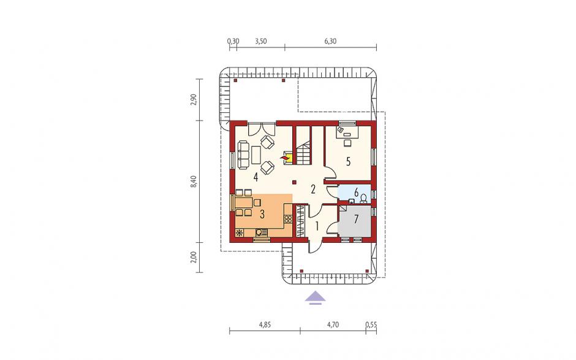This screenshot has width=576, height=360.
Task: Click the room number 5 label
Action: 348,161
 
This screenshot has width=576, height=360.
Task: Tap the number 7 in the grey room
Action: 355,219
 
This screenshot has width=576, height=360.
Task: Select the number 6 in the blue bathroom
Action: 356,192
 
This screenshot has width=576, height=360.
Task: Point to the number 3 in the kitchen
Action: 262,214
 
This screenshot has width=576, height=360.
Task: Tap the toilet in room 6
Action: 363,199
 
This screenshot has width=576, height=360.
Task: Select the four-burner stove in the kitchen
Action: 289,219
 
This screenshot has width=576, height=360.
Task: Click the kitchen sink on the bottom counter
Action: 260,232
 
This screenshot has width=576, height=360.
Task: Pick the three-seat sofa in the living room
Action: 243,154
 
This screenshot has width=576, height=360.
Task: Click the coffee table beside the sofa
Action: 256,154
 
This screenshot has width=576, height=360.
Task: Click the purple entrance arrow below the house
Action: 315,298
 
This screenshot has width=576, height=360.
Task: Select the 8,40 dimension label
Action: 194,182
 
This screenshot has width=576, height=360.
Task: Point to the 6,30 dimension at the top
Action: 330,41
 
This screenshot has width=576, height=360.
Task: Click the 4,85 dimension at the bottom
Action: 265,324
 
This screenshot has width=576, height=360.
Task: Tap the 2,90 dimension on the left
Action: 194,99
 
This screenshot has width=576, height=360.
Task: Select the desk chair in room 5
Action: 347,142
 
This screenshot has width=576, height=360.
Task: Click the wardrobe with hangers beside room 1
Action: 300,221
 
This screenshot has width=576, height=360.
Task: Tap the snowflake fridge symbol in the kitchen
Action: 240,232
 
